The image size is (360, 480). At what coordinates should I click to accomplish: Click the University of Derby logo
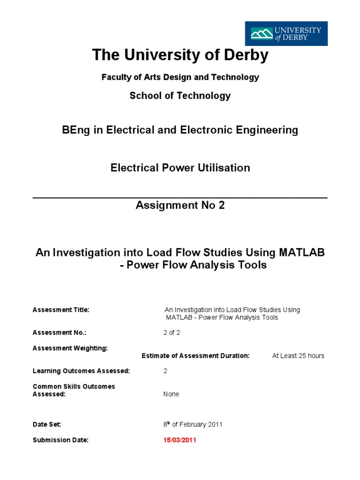(286, 34)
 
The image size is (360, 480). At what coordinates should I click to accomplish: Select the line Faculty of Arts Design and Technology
(180, 77)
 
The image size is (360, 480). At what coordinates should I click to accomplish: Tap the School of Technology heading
(180, 96)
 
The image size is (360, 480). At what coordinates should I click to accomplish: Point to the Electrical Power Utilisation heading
(180, 167)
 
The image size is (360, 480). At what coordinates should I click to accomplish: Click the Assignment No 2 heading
(180, 205)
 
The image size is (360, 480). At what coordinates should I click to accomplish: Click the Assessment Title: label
(60, 310)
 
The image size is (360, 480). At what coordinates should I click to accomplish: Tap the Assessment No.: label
(60, 332)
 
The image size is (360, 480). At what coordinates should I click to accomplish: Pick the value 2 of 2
(172, 332)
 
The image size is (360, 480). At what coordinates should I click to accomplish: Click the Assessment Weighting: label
(70, 348)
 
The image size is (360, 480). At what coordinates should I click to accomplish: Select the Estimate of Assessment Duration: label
(195, 356)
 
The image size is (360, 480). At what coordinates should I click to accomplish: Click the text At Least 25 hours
(298, 356)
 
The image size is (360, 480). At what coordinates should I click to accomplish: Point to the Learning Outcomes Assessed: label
(81, 371)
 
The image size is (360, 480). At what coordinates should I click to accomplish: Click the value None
(171, 394)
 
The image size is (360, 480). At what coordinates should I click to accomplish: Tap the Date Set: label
(47, 424)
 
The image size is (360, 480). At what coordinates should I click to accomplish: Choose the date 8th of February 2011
(193, 424)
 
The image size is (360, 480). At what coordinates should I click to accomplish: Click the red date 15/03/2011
(180, 440)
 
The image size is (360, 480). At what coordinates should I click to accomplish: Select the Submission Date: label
(60, 440)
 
